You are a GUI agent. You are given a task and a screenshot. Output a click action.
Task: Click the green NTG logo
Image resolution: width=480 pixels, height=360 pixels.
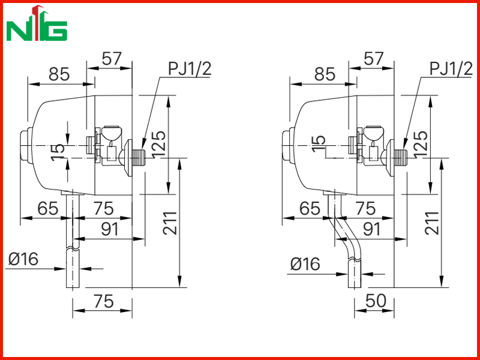click(37, 23)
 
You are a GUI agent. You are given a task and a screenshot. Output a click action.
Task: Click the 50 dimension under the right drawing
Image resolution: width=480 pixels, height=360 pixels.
click(376, 301)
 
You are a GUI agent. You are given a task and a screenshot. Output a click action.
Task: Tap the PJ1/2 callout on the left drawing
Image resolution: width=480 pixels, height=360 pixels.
click(190, 69)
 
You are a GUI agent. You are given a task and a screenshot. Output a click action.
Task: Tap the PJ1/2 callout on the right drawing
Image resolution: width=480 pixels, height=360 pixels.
click(452, 69)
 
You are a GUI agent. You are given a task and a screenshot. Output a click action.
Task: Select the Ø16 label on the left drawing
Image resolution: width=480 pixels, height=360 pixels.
click(23, 259)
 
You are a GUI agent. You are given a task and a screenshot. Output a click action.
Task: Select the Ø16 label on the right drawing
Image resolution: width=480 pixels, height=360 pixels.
click(305, 263)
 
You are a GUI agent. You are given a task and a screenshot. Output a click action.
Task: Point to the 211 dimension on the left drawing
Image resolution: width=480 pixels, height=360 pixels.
click(170, 223)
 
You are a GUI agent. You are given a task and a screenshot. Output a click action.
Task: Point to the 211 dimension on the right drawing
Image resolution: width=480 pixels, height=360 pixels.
click(432, 223)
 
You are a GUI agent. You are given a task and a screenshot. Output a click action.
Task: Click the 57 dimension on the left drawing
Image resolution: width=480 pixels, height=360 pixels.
click(112, 58)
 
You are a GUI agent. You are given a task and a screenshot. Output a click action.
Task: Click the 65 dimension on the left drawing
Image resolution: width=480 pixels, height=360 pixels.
click(48, 208)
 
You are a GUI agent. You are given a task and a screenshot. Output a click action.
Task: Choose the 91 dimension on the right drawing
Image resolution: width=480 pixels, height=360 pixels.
click(371, 229)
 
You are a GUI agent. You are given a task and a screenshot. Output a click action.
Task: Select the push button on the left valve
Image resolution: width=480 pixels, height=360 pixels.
click(26, 145)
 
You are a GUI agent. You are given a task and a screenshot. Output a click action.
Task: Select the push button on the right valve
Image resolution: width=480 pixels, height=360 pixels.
click(288, 145)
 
